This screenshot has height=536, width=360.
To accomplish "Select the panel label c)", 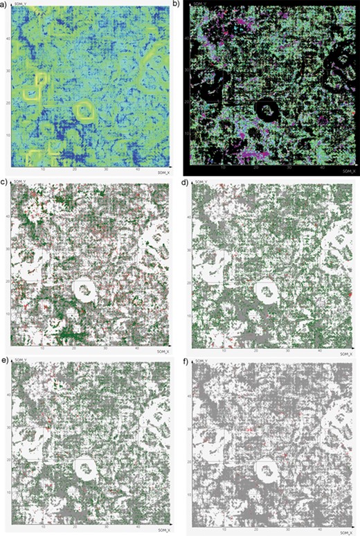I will [x=3, y=182].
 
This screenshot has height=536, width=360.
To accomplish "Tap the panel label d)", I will [x=184, y=182].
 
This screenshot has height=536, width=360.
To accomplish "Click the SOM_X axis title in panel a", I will [x=164, y=170].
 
